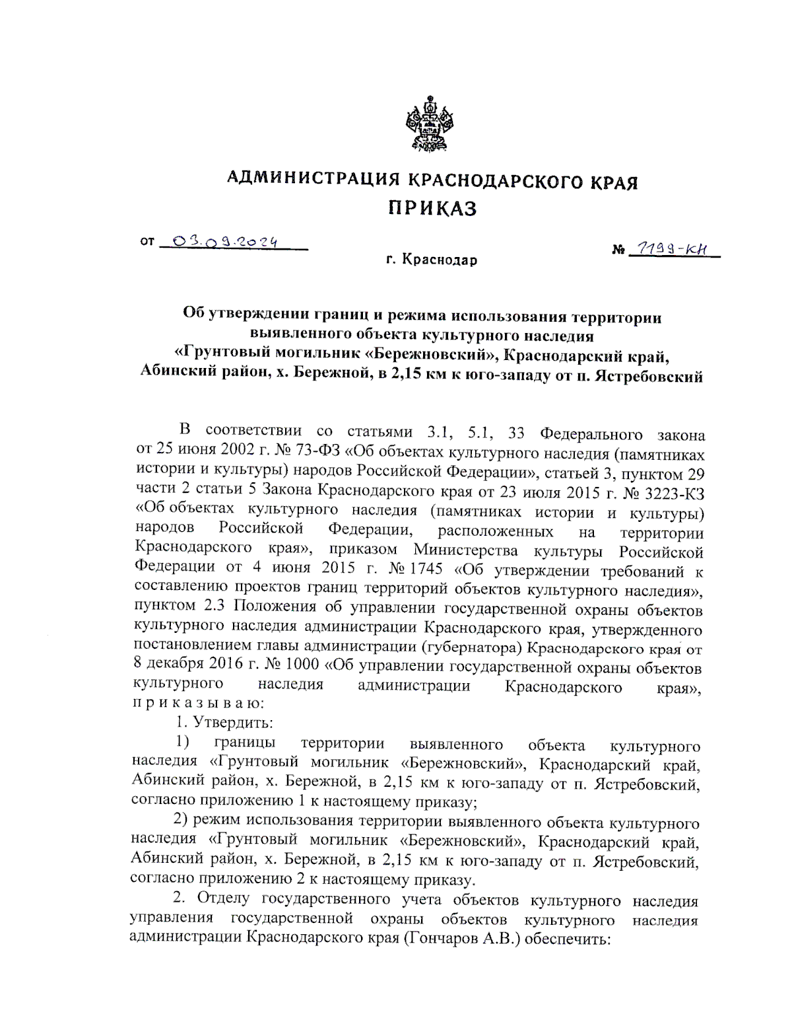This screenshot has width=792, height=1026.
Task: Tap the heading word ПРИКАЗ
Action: pyautogui.click(x=432, y=209)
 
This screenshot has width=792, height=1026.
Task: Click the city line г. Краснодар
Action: pyautogui.click(x=432, y=260)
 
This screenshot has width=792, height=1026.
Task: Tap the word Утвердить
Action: pyautogui.click(x=233, y=723)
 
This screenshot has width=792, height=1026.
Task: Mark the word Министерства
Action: pyautogui.click(x=466, y=550)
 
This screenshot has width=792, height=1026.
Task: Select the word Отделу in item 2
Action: pyautogui.click(x=224, y=899)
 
